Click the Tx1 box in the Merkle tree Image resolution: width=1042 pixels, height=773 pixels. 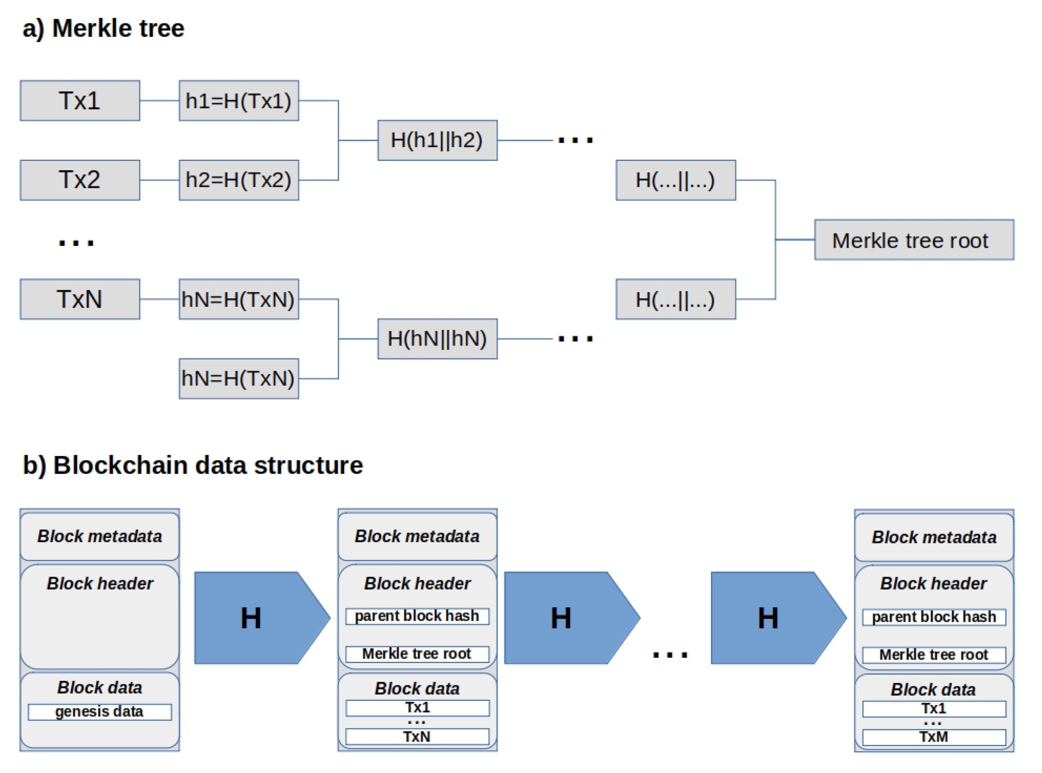[80, 100]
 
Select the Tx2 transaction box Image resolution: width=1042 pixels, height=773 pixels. [80, 180]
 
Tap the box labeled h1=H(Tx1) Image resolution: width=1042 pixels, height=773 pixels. [239, 100]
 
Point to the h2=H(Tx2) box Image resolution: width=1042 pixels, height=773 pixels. [239, 180]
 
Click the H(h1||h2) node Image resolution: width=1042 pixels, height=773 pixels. [437, 140]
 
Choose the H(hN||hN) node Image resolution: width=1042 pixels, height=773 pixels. [437, 339]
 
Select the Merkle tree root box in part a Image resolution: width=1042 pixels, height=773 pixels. [914, 240]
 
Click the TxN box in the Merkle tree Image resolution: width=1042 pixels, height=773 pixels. [80, 299]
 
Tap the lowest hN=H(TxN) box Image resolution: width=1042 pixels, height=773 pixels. [239, 378]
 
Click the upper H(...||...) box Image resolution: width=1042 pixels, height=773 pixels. [675, 180]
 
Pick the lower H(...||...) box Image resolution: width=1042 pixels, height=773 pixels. [675, 299]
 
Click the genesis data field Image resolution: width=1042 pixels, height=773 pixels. [99, 712]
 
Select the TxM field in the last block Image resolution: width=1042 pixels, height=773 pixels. [933, 737]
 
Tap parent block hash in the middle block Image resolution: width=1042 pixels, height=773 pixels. [417, 616]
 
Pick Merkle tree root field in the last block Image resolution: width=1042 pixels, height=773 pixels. [933, 655]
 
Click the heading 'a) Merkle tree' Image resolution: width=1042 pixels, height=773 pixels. [103, 28]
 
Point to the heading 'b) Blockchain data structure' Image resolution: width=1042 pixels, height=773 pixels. [192, 465]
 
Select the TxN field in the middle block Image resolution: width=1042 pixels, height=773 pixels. [417, 737]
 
